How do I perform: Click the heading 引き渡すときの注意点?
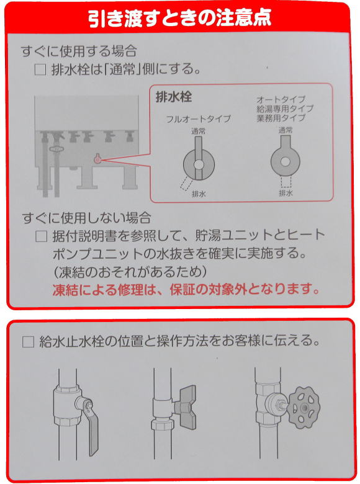pyautogui.click(x=180, y=17)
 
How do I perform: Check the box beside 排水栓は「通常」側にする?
pyautogui.click(x=40, y=69)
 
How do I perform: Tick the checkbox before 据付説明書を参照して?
pyautogui.click(x=42, y=236)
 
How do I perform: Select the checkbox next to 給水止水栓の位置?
pyautogui.click(x=28, y=342)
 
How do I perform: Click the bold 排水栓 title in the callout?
pyautogui.click(x=174, y=97)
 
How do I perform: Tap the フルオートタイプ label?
pyautogui.click(x=199, y=119)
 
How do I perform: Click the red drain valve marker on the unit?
pyautogui.click(x=97, y=159)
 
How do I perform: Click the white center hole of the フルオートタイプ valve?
pyautogui.click(x=199, y=164)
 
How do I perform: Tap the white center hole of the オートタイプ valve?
pyautogui.click(x=285, y=161)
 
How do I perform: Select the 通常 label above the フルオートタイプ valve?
pyautogui.click(x=198, y=131)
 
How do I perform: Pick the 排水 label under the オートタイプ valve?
pyautogui.click(x=286, y=193)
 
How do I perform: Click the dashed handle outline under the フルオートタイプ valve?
pyautogui.click(x=187, y=184)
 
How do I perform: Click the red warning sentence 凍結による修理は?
pyautogui.click(x=186, y=289)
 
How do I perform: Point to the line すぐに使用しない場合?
pyautogui.click(x=87, y=218)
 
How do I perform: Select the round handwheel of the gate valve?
pyautogui.click(x=303, y=407)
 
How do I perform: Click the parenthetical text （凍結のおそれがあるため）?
pyautogui.click(x=130, y=272)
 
